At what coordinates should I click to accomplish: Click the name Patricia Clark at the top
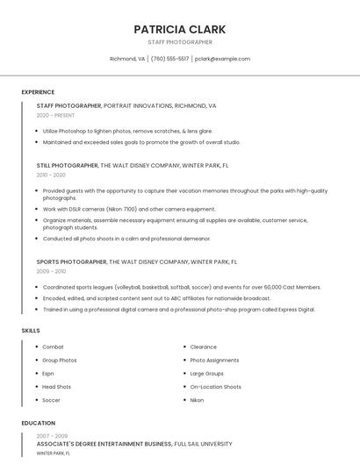coord(180,29)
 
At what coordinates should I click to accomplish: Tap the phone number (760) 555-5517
coord(170,59)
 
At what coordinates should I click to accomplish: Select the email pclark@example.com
coord(222,59)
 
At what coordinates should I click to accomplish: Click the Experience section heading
coord(38,92)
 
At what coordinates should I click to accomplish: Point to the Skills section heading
coord(31,331)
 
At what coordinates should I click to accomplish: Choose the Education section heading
coord(38,423)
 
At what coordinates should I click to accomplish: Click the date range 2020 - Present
coord(55,115)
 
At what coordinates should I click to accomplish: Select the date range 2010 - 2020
coord(51,175)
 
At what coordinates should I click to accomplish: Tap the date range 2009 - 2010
coord(51,271)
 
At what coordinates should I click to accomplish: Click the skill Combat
coord(53,347)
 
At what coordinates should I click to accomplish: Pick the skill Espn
coord(48,373)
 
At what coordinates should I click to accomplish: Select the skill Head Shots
coord(56,386)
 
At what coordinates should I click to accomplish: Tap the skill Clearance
coord(203,347)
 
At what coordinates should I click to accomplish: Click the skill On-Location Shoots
coord(215,386)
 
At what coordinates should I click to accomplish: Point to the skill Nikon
coord(197,400)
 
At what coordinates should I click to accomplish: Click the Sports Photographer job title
coord(71,261)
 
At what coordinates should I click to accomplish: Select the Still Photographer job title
coord(68,165)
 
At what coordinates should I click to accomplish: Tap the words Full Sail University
coord(204,444)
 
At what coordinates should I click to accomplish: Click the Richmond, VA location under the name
coord(127,59)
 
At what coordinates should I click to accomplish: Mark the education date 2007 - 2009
coord(52,435)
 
